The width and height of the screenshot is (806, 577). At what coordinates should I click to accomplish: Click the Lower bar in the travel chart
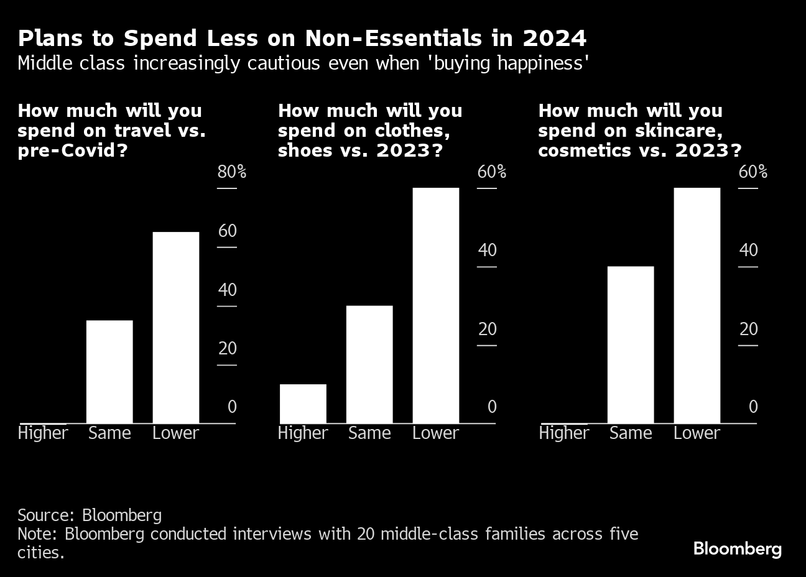click(176, 327)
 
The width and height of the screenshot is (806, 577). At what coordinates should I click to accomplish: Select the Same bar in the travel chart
click(109, 371)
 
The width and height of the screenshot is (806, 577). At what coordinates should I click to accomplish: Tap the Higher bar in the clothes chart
click(303, 404)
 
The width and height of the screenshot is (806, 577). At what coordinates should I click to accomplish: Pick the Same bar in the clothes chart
click(369, 364)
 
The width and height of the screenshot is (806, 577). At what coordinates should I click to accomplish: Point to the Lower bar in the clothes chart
click(435, 305)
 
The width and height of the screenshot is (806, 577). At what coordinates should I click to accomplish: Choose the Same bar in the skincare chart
click(631, 344)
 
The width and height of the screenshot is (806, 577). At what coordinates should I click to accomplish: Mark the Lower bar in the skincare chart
click(697, 305)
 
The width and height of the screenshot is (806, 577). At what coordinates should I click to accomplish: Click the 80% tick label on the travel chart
click(231, 172)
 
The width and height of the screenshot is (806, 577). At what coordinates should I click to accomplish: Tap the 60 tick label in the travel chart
click(227, 231)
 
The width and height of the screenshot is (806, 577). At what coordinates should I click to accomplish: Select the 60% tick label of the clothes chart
click(491, 172)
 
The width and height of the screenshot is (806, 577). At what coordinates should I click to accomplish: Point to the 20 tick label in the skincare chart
click(749, 329)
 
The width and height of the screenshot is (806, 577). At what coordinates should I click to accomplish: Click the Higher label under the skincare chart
click(563, 433)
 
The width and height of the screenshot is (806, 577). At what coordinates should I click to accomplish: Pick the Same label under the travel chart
click(109, 433)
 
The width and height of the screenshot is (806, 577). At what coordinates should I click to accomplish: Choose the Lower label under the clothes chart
click(435, 433)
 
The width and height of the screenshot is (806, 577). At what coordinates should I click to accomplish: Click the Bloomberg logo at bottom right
click(737, 549)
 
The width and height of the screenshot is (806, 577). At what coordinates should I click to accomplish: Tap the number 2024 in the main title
click(554, 39)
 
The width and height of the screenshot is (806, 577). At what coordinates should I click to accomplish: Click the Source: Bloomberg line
click(90, 515)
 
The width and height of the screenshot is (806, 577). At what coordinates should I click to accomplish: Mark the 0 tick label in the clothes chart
click(491, 407)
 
